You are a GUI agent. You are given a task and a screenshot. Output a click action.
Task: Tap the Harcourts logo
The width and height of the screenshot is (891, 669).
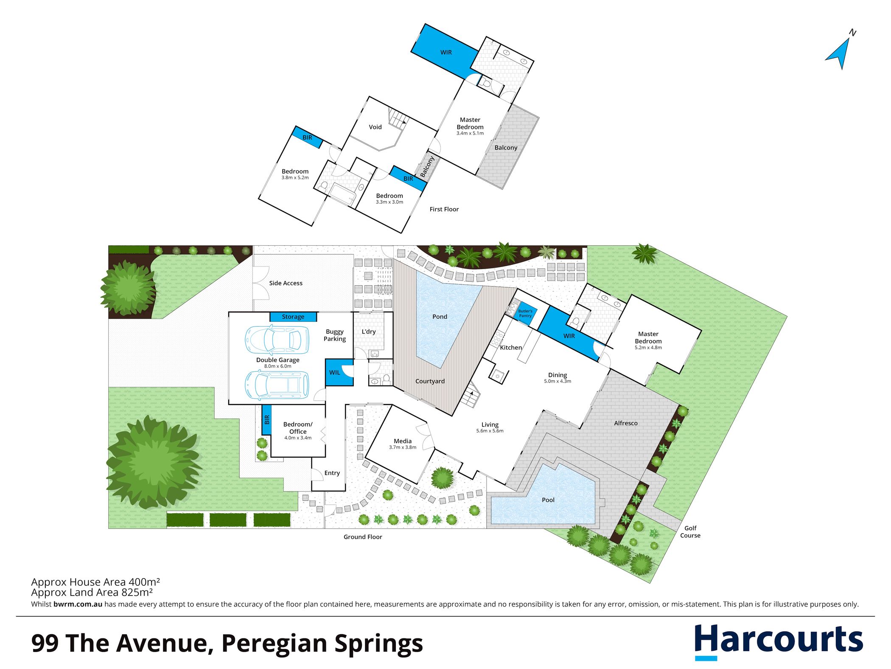pos(779,641)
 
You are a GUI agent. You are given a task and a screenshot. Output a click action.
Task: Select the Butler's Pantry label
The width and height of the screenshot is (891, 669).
pos(525,314)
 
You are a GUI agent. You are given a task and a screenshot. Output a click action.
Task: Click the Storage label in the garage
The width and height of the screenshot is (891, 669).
pos(293,317)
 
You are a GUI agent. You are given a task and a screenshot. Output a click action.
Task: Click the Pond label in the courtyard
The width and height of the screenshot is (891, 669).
pos(440,317)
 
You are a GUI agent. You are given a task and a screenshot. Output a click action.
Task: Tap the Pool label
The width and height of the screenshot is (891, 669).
pos(548,500)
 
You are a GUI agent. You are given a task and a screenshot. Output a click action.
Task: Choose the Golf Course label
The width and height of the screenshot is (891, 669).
pos(690,532)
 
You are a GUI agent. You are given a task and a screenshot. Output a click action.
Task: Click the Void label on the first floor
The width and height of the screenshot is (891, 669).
pos(375,127)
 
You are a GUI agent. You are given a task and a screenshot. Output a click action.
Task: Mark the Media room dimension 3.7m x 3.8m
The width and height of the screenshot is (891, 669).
pos(403,447)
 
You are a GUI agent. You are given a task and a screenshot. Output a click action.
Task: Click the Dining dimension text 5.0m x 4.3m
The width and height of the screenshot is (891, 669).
pos(558,381)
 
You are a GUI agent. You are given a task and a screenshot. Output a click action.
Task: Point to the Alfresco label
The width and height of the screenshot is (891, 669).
pos(626,423)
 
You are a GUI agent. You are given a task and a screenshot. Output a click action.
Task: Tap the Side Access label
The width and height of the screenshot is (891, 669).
pos(286,283)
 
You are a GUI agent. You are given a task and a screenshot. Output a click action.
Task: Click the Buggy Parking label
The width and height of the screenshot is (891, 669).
pos(335,335)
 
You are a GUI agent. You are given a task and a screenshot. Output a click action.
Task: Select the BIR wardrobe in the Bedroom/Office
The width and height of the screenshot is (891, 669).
pos(266,420)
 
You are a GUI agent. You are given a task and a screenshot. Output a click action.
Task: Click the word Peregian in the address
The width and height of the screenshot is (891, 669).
pos(274,644)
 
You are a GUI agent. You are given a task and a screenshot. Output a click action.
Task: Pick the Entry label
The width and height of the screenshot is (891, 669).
pos(332,473)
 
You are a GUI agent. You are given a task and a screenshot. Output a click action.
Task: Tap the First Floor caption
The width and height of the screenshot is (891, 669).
pos(444,209)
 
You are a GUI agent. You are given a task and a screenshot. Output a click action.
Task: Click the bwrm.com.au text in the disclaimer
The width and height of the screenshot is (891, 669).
pos(78,604)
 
